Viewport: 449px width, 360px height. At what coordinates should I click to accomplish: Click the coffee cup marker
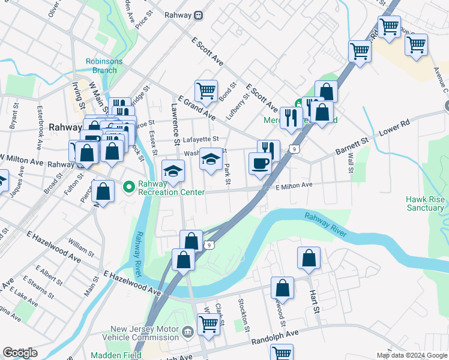tap(259, 163)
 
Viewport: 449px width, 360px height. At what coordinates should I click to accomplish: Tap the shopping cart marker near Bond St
tap(206, 91)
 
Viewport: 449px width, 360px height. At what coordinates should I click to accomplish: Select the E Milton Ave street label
tap(294, 186)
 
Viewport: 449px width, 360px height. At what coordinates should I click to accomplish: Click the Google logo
tap(20, 353)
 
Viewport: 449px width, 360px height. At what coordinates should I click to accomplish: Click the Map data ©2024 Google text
tap(411, 355)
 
